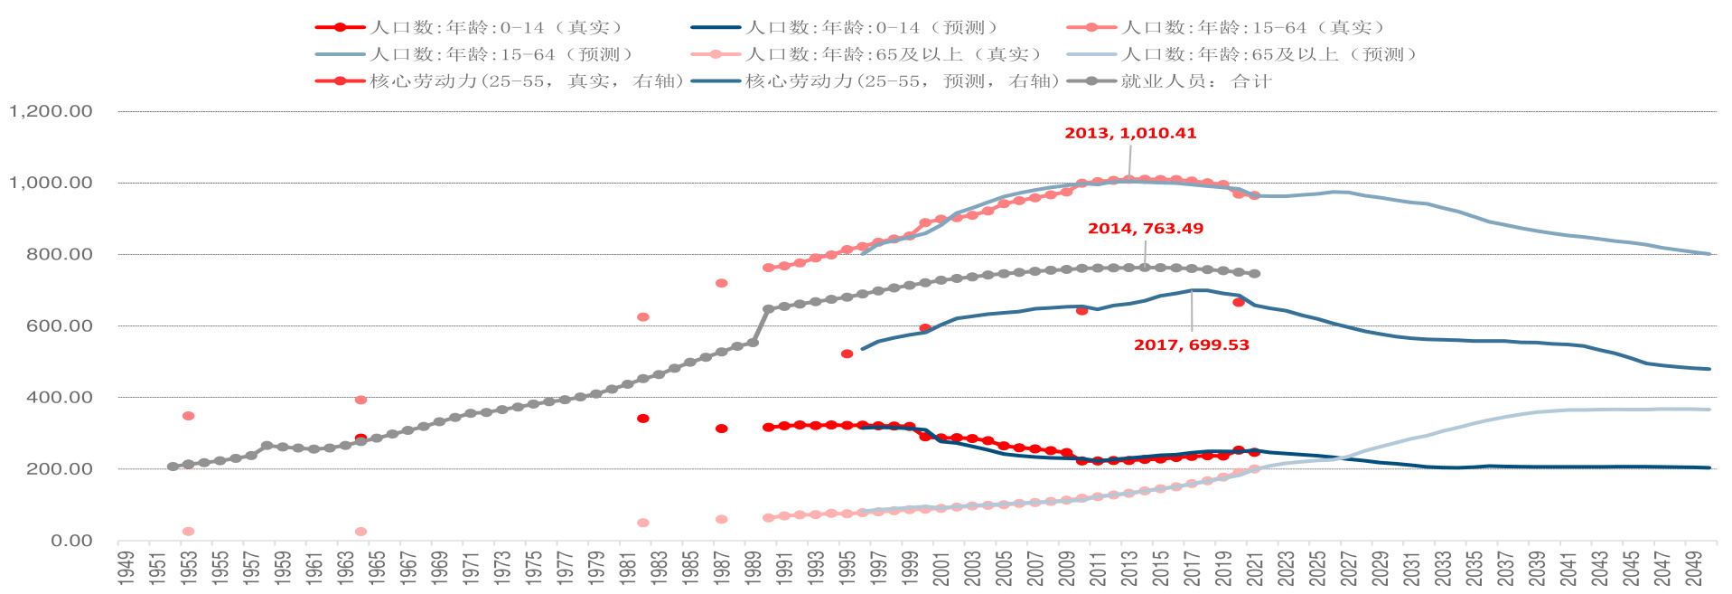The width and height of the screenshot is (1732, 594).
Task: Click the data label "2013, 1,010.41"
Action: tap(1130, 133)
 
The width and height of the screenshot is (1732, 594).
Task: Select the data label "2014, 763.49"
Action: tap(1146, 229)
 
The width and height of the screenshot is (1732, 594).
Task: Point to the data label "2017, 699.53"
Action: tap(1192, 345)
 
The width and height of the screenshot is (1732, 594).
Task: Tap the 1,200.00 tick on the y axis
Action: tap(51, 111)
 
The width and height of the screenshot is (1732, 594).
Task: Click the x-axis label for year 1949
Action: tap(126, 568)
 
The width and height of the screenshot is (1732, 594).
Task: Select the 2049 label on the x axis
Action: tap(1694, 568)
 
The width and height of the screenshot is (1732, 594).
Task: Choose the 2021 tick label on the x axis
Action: tap(1255, 568)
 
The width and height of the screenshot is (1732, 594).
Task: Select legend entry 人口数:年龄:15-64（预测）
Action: tap(502, 55)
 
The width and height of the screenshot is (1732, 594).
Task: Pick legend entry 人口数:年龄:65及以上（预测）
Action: tap(1269, 55)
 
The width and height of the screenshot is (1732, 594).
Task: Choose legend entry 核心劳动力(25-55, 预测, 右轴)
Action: tap(902, 81)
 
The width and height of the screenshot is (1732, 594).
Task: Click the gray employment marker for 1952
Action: tap(173, 467)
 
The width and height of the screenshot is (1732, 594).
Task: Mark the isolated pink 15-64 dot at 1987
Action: tap(722, 283)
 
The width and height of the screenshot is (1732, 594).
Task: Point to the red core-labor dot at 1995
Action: tap(847, 354)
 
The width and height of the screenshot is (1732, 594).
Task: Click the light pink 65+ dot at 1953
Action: tap(188, 532)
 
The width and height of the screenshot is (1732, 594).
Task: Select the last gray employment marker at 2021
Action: tap(1254, 273)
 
